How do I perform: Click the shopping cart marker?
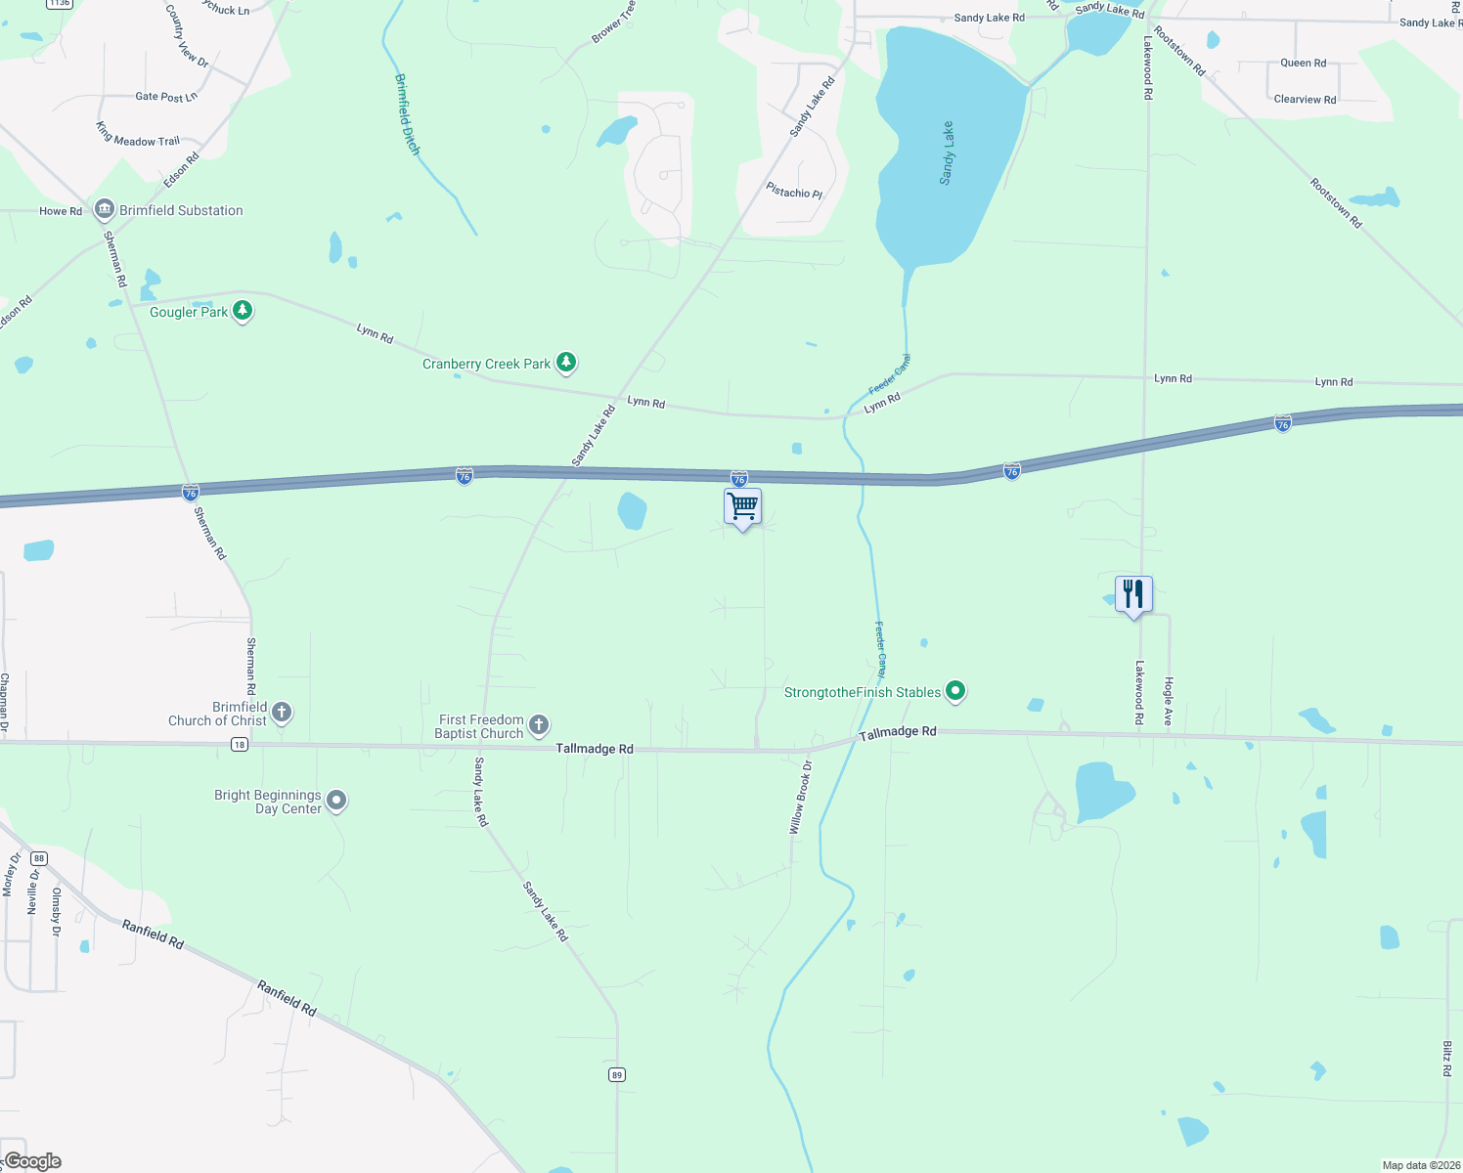coord(742,506)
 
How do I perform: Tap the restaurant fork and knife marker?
coord(1133,593)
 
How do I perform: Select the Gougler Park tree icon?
coord(243,312)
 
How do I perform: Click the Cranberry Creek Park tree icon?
coord(566,364)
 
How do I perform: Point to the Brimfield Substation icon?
coord(105,210)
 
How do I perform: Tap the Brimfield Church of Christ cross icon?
coord(282,713)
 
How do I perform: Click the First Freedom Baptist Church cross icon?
coord(538,725)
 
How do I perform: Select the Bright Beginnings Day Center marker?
coord(336,801)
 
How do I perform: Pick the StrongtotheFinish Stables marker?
coord(956,692)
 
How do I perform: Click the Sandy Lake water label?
coord(947,153)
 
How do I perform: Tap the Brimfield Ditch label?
coord(408,114)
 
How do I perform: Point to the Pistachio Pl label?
coord(794,192)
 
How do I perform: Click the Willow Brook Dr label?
coord(801,798)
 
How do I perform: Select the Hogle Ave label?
coord(1168,701)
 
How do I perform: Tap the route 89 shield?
coord(616,1075)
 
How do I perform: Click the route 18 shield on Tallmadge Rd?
coord(240,745)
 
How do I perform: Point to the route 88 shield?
coord(38,858)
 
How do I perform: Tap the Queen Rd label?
coord(1303,63)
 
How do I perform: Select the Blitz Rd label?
coord(1446,1059)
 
